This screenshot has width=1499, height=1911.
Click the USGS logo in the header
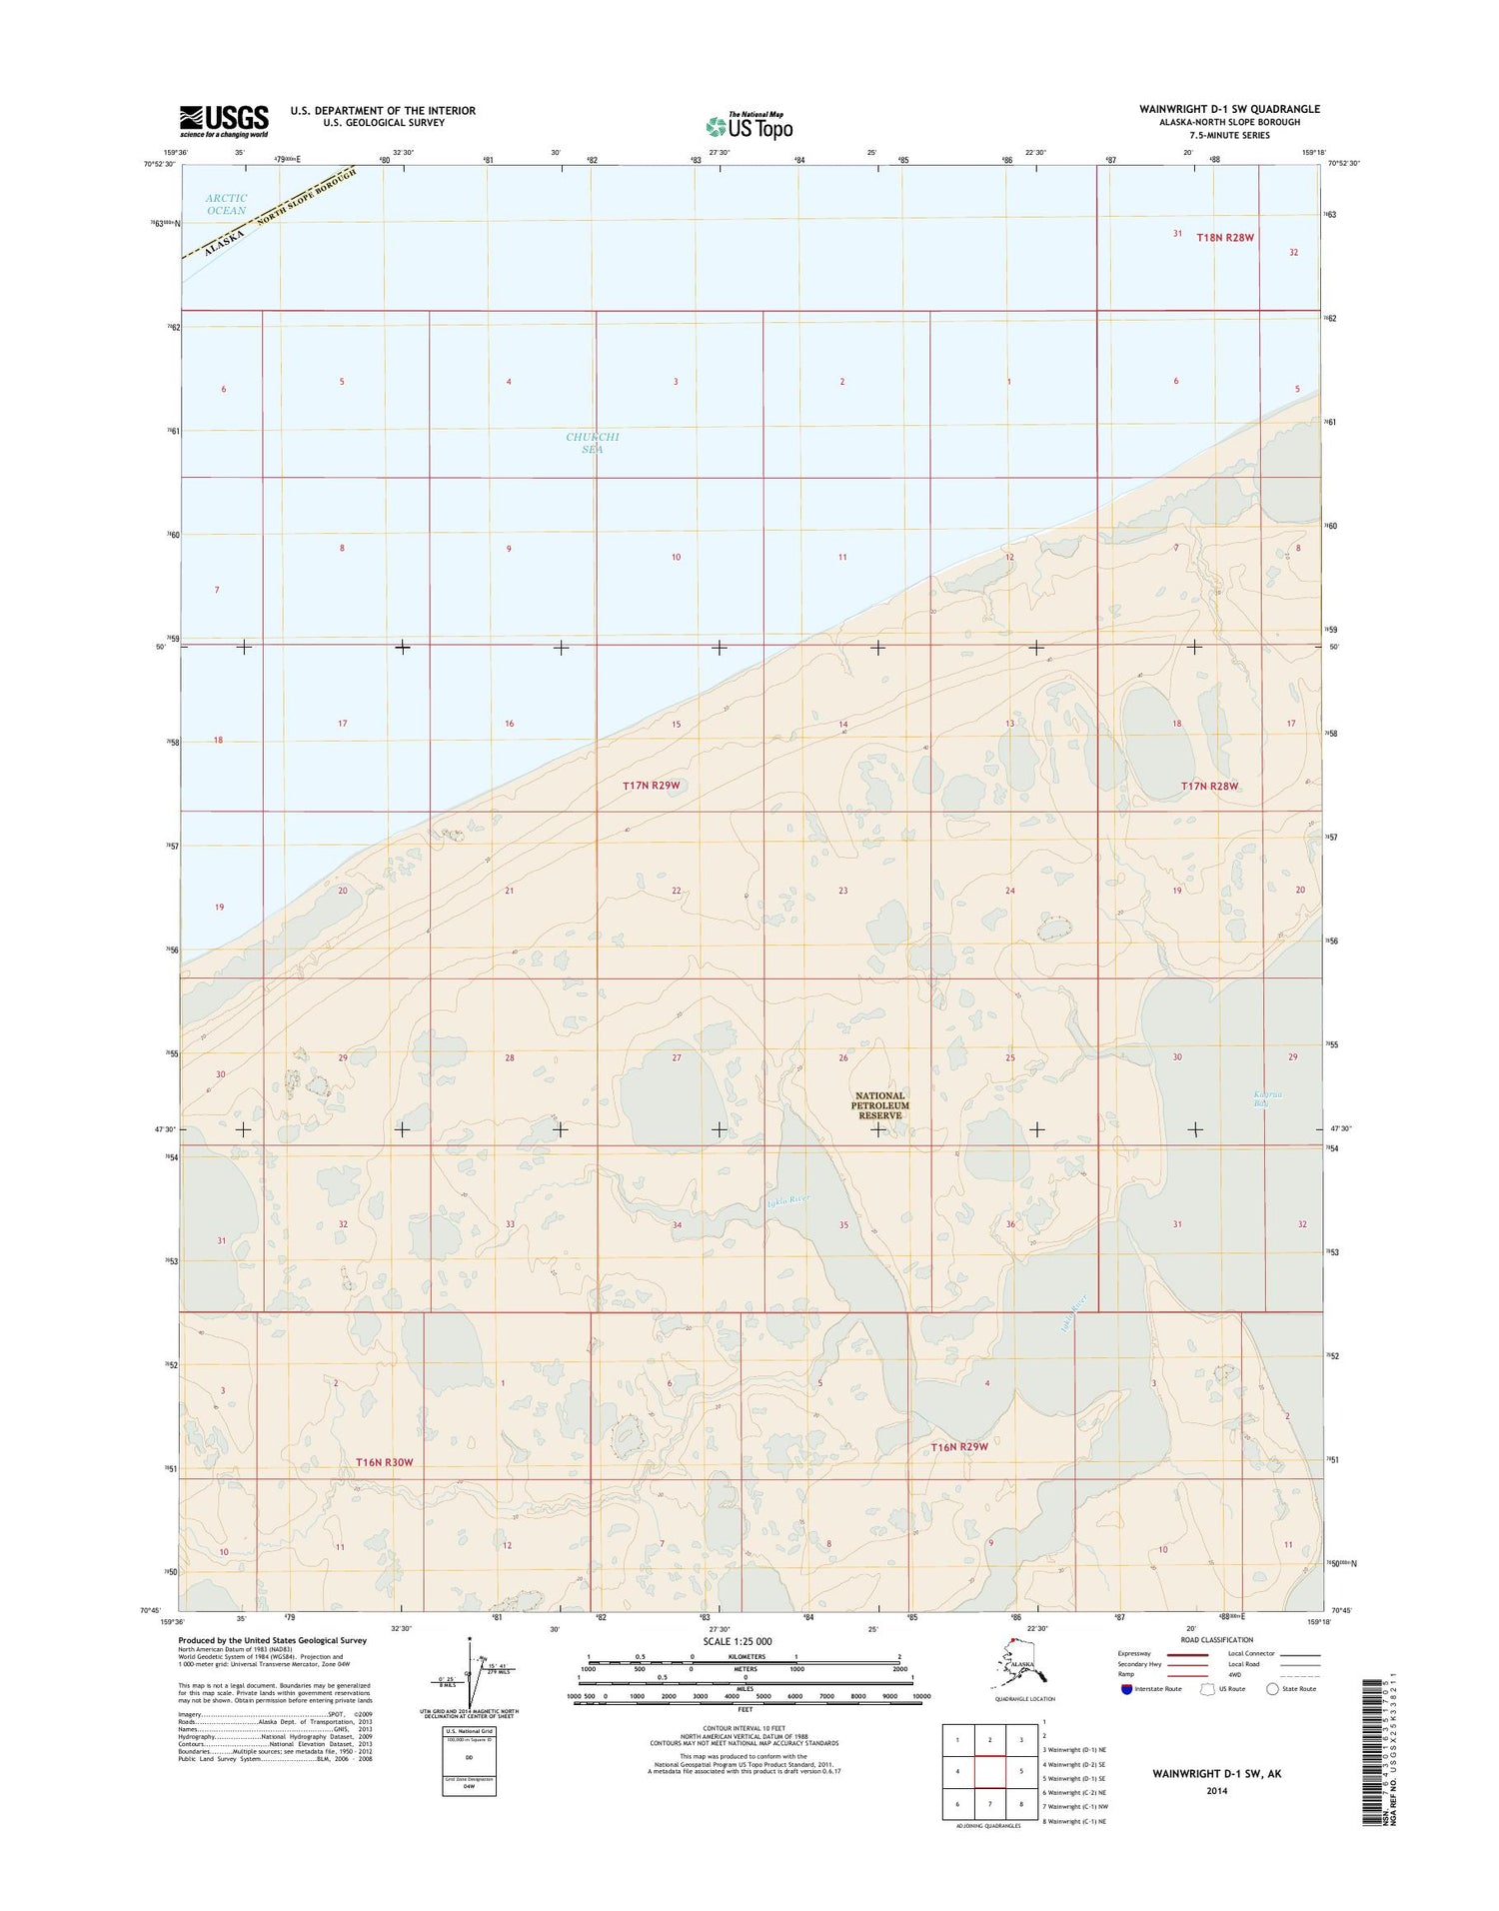pos(224,121)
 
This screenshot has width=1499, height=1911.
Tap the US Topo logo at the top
pos(749,126)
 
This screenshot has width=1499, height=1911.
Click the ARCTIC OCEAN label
pos(226,204)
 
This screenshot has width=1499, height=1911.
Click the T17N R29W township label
pos(651,786)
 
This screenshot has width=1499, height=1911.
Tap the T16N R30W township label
pos(384,1462)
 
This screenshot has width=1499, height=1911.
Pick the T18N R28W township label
pos(1224,238)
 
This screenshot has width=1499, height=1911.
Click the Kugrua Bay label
pos(1267,1099)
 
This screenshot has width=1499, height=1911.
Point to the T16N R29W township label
pos(959,1446)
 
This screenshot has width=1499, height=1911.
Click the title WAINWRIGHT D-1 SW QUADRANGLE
pos(1228,109)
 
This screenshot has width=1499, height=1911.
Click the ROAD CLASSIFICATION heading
pos(1216,1640)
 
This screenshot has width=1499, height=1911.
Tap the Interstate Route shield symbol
pos(1126,1689)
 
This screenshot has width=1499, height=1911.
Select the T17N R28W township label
pos(1209,787)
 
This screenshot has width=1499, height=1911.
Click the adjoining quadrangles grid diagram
pos(989,1771)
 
